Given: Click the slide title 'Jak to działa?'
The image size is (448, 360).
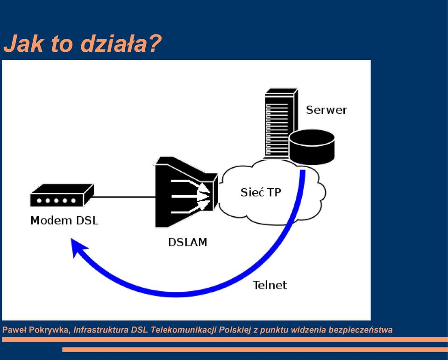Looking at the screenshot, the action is click(83, 44).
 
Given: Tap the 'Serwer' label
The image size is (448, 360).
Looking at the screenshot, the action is click(326, 110).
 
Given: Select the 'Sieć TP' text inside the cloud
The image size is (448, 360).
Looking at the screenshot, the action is click(261, 192).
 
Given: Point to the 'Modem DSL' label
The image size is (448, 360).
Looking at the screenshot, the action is click(64, 220).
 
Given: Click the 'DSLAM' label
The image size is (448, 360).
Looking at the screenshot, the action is click(187, 242).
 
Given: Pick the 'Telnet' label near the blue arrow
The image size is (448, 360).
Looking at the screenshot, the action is click(270, 285).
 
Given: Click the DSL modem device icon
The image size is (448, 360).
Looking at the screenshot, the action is click(62, 195).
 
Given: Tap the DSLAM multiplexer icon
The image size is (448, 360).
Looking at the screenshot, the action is click(187, 192).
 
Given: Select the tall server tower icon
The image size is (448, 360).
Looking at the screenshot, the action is click(281, 123).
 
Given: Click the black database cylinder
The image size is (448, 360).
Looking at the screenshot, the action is click(312, 147).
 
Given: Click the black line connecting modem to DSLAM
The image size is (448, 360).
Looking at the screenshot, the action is click(123, 197).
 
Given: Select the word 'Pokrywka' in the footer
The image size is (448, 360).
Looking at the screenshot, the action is click(50, 330).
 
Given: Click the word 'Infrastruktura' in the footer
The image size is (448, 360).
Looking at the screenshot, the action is click(101, 330).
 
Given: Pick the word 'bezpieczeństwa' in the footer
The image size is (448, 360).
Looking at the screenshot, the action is click(360, 330).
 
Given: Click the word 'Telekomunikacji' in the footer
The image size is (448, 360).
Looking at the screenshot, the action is click(184, 330).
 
